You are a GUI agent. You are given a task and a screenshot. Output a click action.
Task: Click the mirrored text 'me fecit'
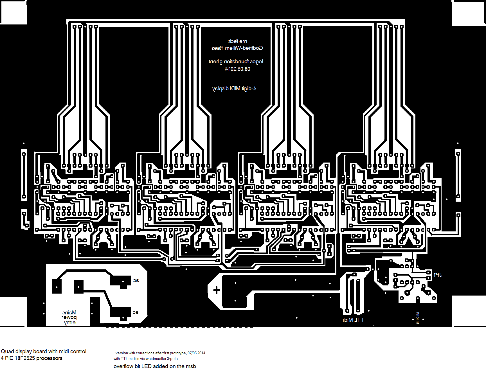click(238, 41)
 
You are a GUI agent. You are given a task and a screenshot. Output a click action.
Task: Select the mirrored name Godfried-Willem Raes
click(237, 48)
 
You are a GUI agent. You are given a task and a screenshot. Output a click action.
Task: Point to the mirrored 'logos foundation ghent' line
click(236, 62)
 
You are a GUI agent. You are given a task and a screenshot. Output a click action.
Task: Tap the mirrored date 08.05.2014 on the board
click(238, 69)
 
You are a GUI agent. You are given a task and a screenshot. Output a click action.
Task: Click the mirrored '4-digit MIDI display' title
click(234, 89)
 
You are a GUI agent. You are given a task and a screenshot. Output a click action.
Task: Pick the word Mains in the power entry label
click(69, 312)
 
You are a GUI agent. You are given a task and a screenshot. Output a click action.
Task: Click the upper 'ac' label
click(136, 280)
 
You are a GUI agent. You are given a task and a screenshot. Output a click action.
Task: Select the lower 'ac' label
click(136, 312)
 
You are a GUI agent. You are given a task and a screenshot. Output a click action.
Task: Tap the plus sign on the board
click(217, 290)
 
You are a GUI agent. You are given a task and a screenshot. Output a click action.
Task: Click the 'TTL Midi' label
click(353, 320)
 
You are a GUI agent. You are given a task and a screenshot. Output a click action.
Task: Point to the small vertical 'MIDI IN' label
click(417, 318)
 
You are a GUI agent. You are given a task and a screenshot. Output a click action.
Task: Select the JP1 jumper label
click(437, 275)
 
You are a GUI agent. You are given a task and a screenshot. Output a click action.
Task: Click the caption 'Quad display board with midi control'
click(44, 351)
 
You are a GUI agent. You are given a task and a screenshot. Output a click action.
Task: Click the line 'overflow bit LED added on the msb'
click(155, 366)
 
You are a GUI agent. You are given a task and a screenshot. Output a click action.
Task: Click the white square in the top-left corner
click(13, 12)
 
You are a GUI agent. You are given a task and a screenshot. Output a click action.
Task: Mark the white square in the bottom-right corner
click(469, 311)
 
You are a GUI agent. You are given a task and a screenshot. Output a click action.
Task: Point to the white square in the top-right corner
click(469, 13)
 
